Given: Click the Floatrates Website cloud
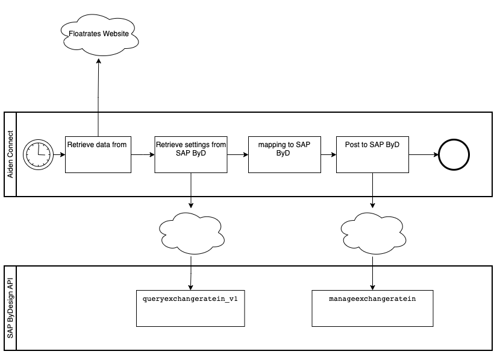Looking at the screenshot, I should (99, 34).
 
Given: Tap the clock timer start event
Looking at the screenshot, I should (37, 154).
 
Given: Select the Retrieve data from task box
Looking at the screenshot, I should (98, 154).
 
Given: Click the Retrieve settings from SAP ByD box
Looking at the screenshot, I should (191, 154).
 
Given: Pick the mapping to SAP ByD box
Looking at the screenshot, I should (284, 154).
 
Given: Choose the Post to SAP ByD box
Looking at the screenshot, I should (372, 154).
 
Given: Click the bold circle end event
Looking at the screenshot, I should (454, 155).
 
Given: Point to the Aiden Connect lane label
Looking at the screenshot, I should (10, 154).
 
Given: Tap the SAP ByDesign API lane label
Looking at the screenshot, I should (10, 308).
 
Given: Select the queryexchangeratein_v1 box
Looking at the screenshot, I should (190, 308).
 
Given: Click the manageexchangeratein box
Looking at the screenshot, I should (372, 308).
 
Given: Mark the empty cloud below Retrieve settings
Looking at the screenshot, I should (190, 231).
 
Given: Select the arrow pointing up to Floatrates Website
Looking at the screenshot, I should (98, 90).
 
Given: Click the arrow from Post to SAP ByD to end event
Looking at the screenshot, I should (424, 155).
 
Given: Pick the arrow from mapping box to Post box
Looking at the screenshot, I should (328, 155).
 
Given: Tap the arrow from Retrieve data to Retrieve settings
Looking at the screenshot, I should (143, 155).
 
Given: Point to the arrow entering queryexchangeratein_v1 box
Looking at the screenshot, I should (190, 274).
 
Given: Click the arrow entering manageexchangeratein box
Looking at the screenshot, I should (372, 274).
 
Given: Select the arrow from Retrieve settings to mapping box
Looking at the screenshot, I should (237, 155).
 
